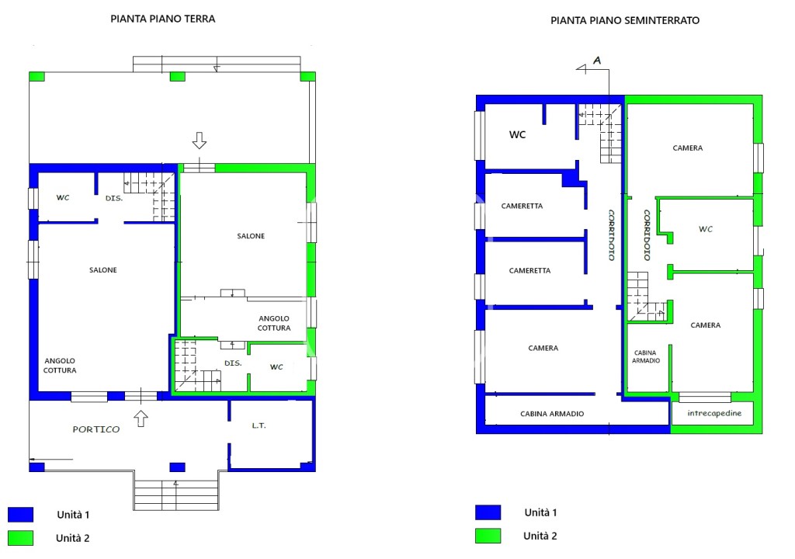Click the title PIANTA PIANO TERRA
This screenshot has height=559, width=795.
[x=163, y=19]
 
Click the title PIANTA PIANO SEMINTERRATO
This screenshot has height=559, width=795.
[x=625, y=20]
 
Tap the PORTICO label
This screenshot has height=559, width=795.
[x=95, y=429]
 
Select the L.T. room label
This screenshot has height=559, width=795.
[x=259, y=425]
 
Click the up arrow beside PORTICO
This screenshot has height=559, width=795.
[x=141, y=418]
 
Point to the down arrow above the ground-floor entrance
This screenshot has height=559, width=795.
[x=200, y=141]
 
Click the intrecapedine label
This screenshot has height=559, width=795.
[x=714, y=413]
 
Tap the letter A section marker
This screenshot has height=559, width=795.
[x=597, y=61]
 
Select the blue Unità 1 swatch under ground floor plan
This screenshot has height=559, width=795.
[x=21, y=515]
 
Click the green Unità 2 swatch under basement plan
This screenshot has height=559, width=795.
[x=488, y=536]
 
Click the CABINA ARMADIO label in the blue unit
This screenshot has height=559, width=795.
[x=552, y=413]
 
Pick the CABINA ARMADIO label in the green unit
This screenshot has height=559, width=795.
[x=645, y=356]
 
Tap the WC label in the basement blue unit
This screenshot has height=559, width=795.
[x=517, y=134]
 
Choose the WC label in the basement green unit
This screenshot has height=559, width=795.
[x=705, y=229]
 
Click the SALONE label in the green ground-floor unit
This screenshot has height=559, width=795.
[x=251, y=236]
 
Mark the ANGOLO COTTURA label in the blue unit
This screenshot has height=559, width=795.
[x=60, y=365]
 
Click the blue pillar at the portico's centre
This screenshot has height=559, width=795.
[x=177, y=467]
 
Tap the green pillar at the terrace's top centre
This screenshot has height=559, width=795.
[x=177, y=77]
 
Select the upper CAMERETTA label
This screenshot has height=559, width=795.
[x=522, y=206]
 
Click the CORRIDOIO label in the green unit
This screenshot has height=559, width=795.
[x=647, y=235]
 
